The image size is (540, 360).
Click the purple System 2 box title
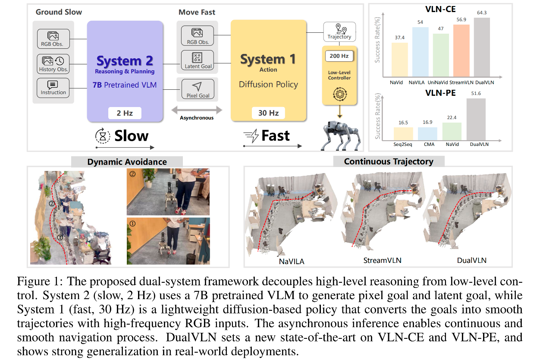125,61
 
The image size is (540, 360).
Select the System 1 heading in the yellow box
268,59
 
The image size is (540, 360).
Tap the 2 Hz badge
125,114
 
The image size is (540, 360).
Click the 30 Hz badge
268,114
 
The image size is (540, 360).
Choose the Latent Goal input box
198,60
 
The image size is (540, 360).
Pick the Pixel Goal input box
198,89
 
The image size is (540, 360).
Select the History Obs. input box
53,64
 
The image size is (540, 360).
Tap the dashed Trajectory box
339,32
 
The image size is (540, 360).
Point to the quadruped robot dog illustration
339,135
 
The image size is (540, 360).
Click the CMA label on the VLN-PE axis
428,144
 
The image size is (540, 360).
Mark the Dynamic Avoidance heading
127,162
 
